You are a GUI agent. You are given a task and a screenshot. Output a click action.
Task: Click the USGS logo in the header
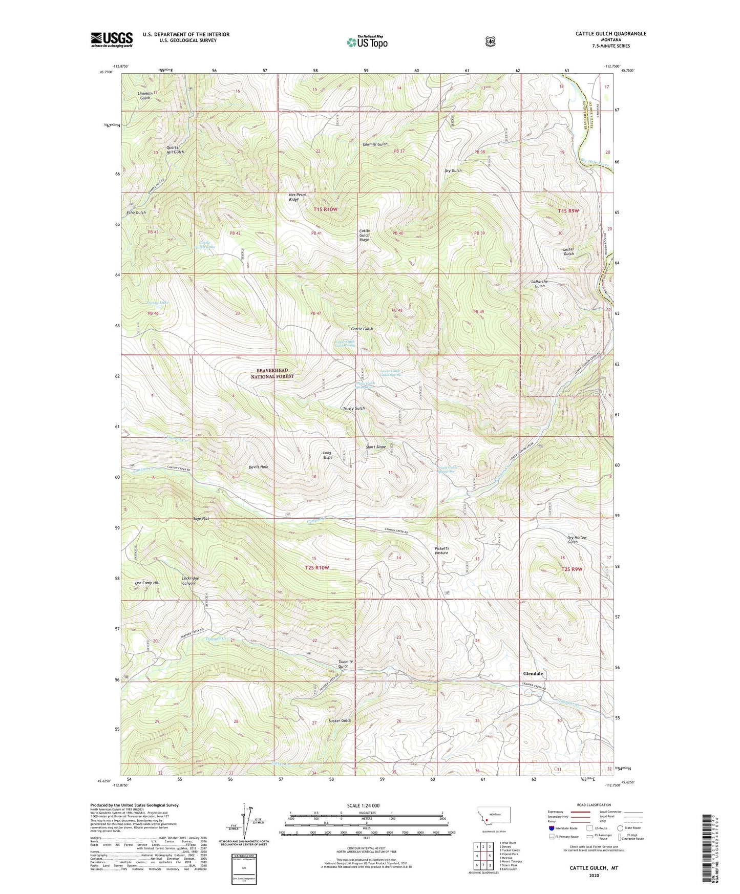(112, 39)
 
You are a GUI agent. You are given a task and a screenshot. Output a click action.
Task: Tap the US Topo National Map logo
(366, 41)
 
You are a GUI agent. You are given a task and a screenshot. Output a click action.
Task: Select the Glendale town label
(533, 673)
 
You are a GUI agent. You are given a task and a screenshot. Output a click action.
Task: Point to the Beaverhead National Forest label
(272, 373)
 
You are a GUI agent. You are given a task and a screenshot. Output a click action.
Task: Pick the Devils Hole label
(258, 467)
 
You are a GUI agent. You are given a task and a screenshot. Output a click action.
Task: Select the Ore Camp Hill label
(147, 583)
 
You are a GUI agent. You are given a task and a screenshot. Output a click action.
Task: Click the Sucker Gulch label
(339, 720)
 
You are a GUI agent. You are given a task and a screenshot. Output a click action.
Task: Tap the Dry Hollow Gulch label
(577, 540)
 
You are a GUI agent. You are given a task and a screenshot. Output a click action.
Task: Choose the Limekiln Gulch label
(145, 95)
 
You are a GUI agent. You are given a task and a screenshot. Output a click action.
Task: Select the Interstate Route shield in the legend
(551, 827)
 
